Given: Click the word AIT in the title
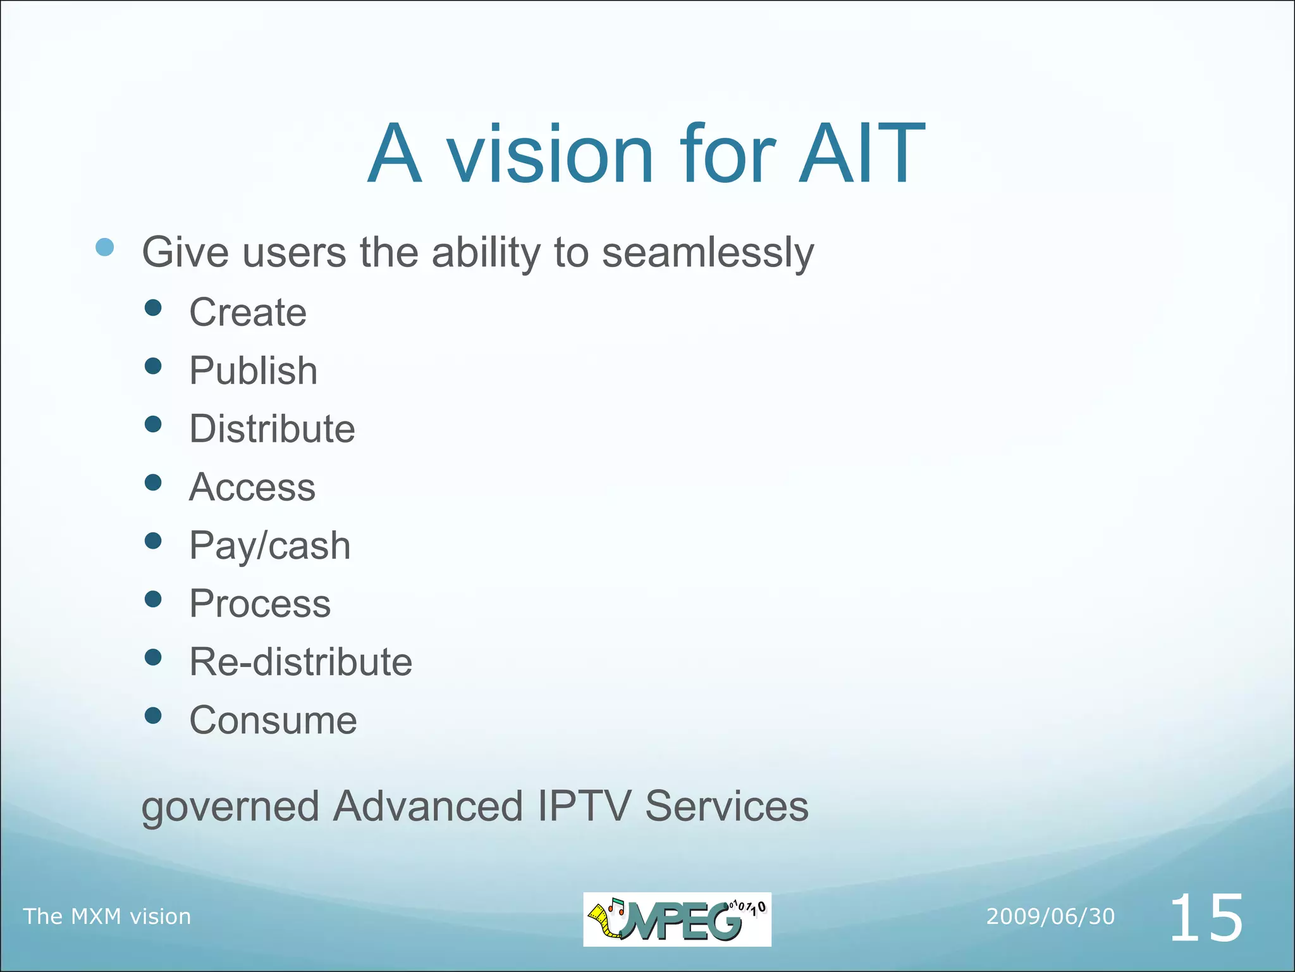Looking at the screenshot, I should [861, 154].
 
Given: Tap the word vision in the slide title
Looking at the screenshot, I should [550, 154].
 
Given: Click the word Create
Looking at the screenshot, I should [248, 312].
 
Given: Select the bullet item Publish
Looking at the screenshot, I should [253, 370].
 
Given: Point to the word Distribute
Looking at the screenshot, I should [272, 428].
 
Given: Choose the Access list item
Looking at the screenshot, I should [252, 487].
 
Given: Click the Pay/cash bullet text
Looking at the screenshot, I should [270, 545].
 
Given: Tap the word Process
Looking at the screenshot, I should [260, 603].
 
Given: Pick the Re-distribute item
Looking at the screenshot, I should [300, 662].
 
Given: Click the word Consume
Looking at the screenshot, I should [273, 720].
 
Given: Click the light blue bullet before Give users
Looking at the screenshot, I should [105, 247].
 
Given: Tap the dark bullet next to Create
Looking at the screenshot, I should [153, 308].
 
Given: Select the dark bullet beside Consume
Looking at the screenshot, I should [153, 716].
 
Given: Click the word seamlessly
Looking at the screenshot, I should [708, 252].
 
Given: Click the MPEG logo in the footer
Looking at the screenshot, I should [677, 919].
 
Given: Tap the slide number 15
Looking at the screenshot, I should [1206, 918].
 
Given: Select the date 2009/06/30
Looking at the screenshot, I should [1050, 916].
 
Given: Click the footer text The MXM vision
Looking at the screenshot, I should [107, 916].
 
